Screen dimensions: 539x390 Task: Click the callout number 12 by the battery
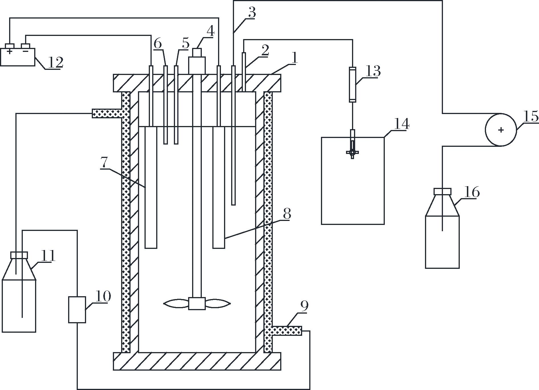click(x=55, y=62)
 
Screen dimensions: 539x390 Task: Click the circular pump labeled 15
click(x=501, y=130)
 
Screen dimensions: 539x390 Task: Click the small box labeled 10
click(x=77, y=310)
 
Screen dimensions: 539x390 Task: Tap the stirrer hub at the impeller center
click(x=197, y=304)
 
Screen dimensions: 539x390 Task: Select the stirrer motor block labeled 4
click(x=197, y=61)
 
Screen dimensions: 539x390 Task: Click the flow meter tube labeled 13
click(x=353, y=84)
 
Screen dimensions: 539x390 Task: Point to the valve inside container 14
click(x=353, y=152)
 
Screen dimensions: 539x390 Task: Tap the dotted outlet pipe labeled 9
click(x=286, y=331)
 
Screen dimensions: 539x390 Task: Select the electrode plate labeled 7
click(x=151, y=187)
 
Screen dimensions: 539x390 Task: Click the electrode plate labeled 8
click(x=219, y=187)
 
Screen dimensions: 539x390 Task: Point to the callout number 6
click(x=158, y=44)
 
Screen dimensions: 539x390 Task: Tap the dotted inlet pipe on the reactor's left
click(x=107, y=113)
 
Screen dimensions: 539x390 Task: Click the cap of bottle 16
click(x=442, y=191)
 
